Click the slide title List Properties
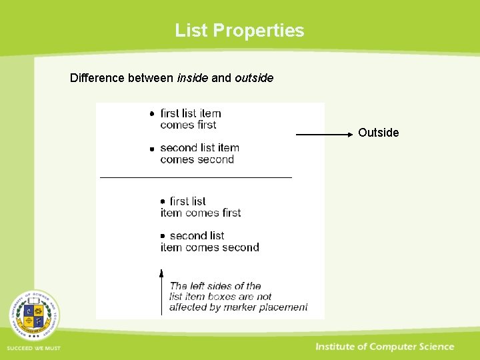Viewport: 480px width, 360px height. [x=239, y=31]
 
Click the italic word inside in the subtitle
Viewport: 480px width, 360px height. [x=192, y=78]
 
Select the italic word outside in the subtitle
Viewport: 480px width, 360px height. [x=254, y=78]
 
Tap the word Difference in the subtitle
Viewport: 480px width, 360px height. [x=97, y=78]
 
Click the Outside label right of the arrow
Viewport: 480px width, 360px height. [x=378, y=133]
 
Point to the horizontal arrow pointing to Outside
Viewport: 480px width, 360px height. [x=324, y=135]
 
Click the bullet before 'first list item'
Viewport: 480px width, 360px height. [x=152, y=114]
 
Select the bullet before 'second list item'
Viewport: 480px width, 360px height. [x=152, y=149]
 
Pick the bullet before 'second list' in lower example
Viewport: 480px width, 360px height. [x=162, y=236]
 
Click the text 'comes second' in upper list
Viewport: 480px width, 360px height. [x=197, y=159]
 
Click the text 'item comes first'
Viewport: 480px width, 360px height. [x=200, y=213]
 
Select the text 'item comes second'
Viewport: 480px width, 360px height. [x=209, y=247]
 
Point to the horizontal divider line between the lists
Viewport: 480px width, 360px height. [x=196, y=177]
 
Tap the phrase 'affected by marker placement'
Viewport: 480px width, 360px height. [x=238, y=307]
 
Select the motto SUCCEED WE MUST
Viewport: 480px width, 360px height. [x=33, y=349]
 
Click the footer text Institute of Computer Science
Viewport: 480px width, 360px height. [x=385, y=347]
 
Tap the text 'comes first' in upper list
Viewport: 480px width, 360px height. [x=188, y=125]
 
